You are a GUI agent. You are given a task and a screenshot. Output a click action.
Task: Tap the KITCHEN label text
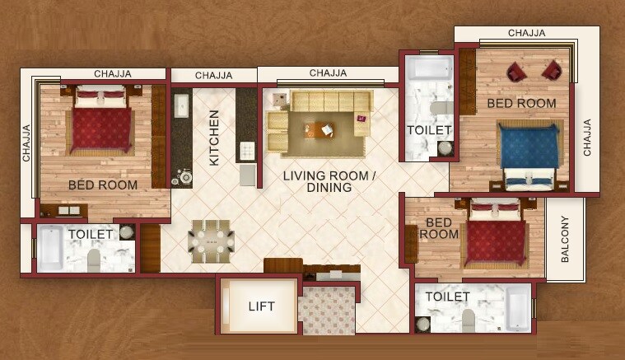(x=214, y=138)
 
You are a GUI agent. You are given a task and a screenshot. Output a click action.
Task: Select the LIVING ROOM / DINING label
(x=329, y=182)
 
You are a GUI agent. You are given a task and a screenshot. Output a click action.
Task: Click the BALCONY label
(x=566, y=239)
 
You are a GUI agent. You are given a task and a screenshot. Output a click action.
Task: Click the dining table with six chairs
(x=211, y=241)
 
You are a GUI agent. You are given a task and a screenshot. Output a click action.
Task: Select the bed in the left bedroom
(x=100, y=122)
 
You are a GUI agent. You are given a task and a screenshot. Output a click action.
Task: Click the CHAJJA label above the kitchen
(x=213, y=76)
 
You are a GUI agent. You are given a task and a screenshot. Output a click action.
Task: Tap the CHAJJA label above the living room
(x=328, y=73)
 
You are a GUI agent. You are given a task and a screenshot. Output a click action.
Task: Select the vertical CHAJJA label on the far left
(x=26, y=143)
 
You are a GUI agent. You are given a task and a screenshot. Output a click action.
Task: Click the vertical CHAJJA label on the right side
(x=587, y=138)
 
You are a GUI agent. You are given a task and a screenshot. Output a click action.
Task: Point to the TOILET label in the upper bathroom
(x=429, y=130)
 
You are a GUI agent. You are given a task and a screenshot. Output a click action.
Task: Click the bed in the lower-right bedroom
(x=496, y=238)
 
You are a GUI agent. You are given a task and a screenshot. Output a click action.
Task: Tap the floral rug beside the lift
(x=327, y=310)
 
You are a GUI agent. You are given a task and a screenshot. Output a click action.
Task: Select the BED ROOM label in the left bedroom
(x=103, y=185)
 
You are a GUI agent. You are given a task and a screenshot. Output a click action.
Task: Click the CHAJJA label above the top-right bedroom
(x=527, y=33)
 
